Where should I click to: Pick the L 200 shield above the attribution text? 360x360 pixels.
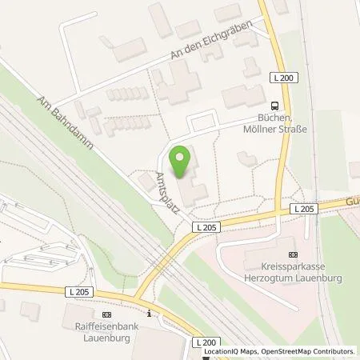[x=206, y=341]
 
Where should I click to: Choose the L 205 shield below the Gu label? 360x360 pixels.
[x=305, y=209]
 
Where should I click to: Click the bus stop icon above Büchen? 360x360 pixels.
[x=275, y=104]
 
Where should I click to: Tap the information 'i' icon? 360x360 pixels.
[x=149, y=312]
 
